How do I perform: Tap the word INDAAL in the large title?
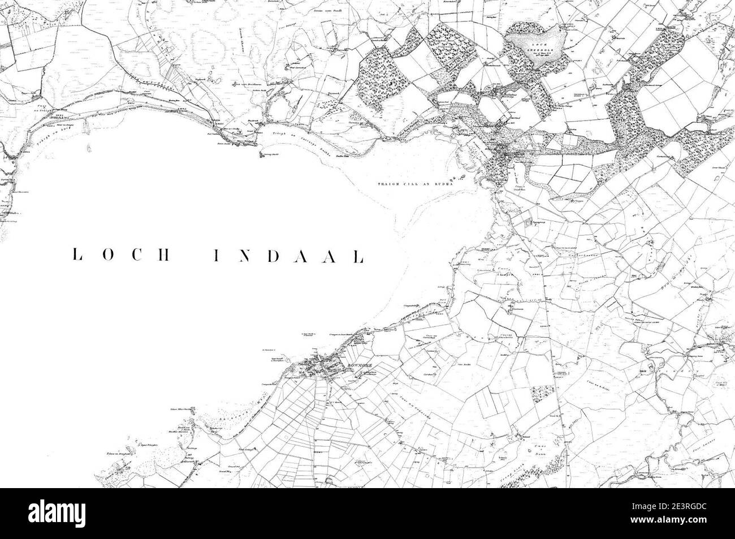coord(288,256)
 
